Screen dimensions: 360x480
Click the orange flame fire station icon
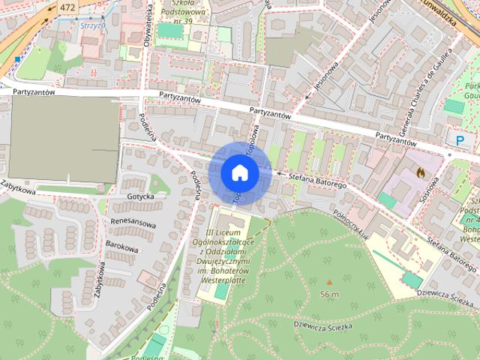(419, 172)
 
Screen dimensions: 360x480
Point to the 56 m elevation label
(329, 294)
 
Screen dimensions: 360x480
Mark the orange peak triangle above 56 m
(329, 283)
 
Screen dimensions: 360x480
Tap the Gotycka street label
(141, 196)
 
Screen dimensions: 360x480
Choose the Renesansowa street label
(133, 223)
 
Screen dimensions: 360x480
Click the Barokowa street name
(123, 248)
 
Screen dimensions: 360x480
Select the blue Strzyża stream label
(91, 25)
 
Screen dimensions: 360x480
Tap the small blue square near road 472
(16, 58)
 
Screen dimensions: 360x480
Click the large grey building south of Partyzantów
(64, 140)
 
